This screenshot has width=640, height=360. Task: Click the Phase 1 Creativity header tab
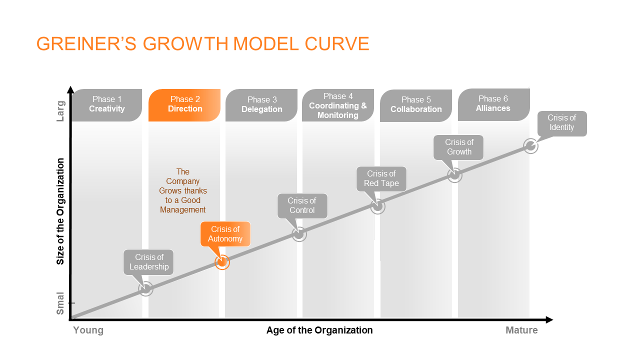[x=106, y=105]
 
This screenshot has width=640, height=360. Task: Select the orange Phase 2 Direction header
[x=184, y=105]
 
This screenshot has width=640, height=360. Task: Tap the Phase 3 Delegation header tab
[x=261, y=105]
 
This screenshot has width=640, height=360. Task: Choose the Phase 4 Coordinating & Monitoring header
[x=338, y=105]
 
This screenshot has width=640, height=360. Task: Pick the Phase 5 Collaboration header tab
[x=415, y=105]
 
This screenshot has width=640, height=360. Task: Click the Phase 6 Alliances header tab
[x=493, y=104]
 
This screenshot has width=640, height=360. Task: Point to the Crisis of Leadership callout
[x=148, y=262]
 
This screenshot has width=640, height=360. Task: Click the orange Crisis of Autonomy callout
[x=225, y=233]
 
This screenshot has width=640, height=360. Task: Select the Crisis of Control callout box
[x=302, y=205]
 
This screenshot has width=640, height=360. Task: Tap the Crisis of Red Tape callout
[x=381, y=178]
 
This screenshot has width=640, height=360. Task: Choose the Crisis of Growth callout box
[x=458, y=147]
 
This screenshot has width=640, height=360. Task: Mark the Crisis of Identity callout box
[x=562, y=123]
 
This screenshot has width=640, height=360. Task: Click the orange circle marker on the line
[x=222, y=262]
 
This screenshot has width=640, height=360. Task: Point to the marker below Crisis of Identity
[x=530, y=146]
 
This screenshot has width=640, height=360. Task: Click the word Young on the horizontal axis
[x=88, y=330]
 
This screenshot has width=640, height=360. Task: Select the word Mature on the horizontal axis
[x=521, y=330]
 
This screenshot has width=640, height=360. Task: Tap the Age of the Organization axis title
[x=319, y=330]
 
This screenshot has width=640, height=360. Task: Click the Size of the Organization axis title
[x=60, y=211]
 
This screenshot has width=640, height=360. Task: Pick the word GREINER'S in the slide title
[x=86, y=43]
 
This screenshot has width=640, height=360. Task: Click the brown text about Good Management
[x=183, y=190]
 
